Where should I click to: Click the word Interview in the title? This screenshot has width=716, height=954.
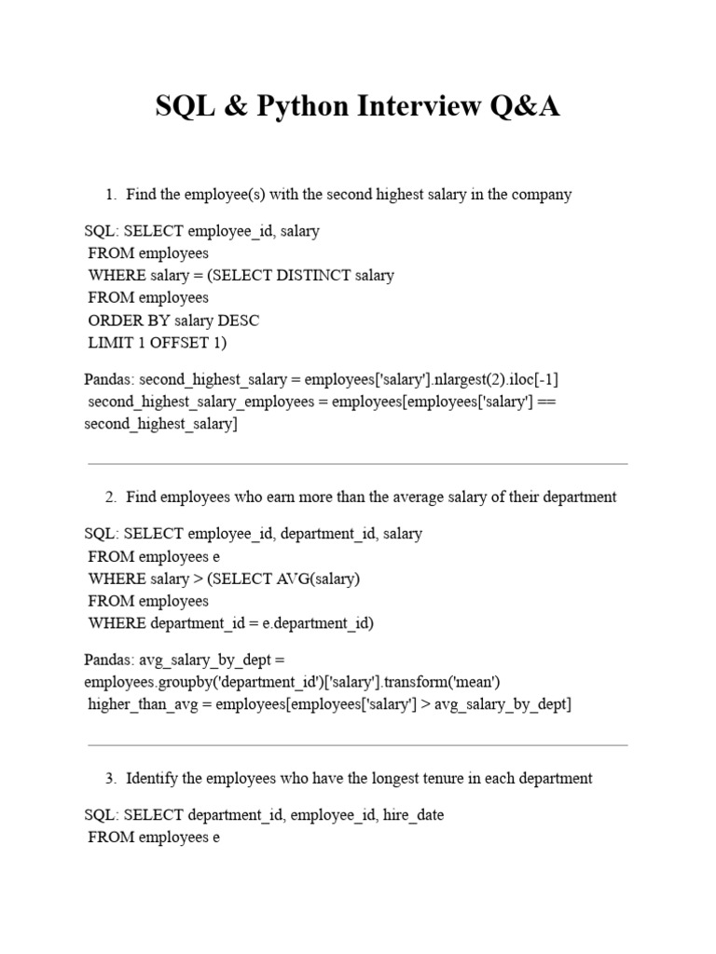pyautogui.click(x=420, y=107)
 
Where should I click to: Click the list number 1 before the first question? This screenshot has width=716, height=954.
pyautogui.click(x=110, y=195)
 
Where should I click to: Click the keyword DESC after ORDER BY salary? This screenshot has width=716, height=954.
pyautogui.click(x=241, y=320)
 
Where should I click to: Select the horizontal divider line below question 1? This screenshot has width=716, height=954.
pyautogui.click(x=357, y=463)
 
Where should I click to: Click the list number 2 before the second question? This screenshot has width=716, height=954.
pyautogui.click(x=110, y=497)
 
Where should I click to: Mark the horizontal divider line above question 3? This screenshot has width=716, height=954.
pyautogui.click(x=357, y=744)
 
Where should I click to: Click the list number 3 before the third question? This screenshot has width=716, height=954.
pyautogui.click(x=110, y=779)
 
